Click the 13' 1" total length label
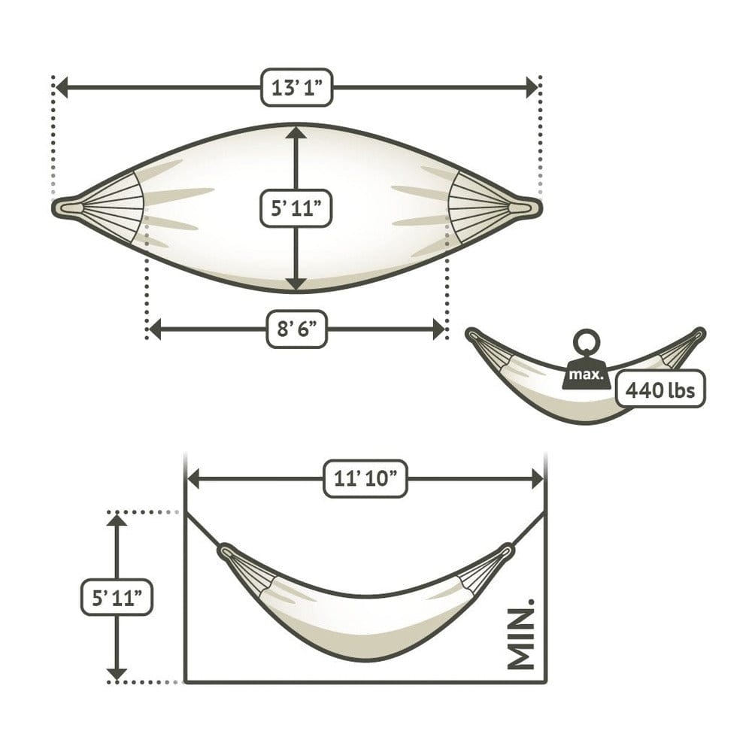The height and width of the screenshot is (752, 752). click(x=296, y=88)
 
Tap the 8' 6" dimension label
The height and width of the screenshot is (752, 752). click(x=296, y=329)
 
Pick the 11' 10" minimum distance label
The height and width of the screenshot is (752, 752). click(x=365, y=478)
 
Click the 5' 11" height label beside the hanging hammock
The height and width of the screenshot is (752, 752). click(x=117, y=598)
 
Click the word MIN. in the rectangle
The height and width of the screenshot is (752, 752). click(x=520, y=634)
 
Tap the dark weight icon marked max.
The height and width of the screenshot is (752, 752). click(x=587, y=374)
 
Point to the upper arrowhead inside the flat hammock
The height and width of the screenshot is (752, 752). click(x=296, y=133)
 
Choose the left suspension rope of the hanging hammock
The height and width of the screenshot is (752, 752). click(x=202, y=530)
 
